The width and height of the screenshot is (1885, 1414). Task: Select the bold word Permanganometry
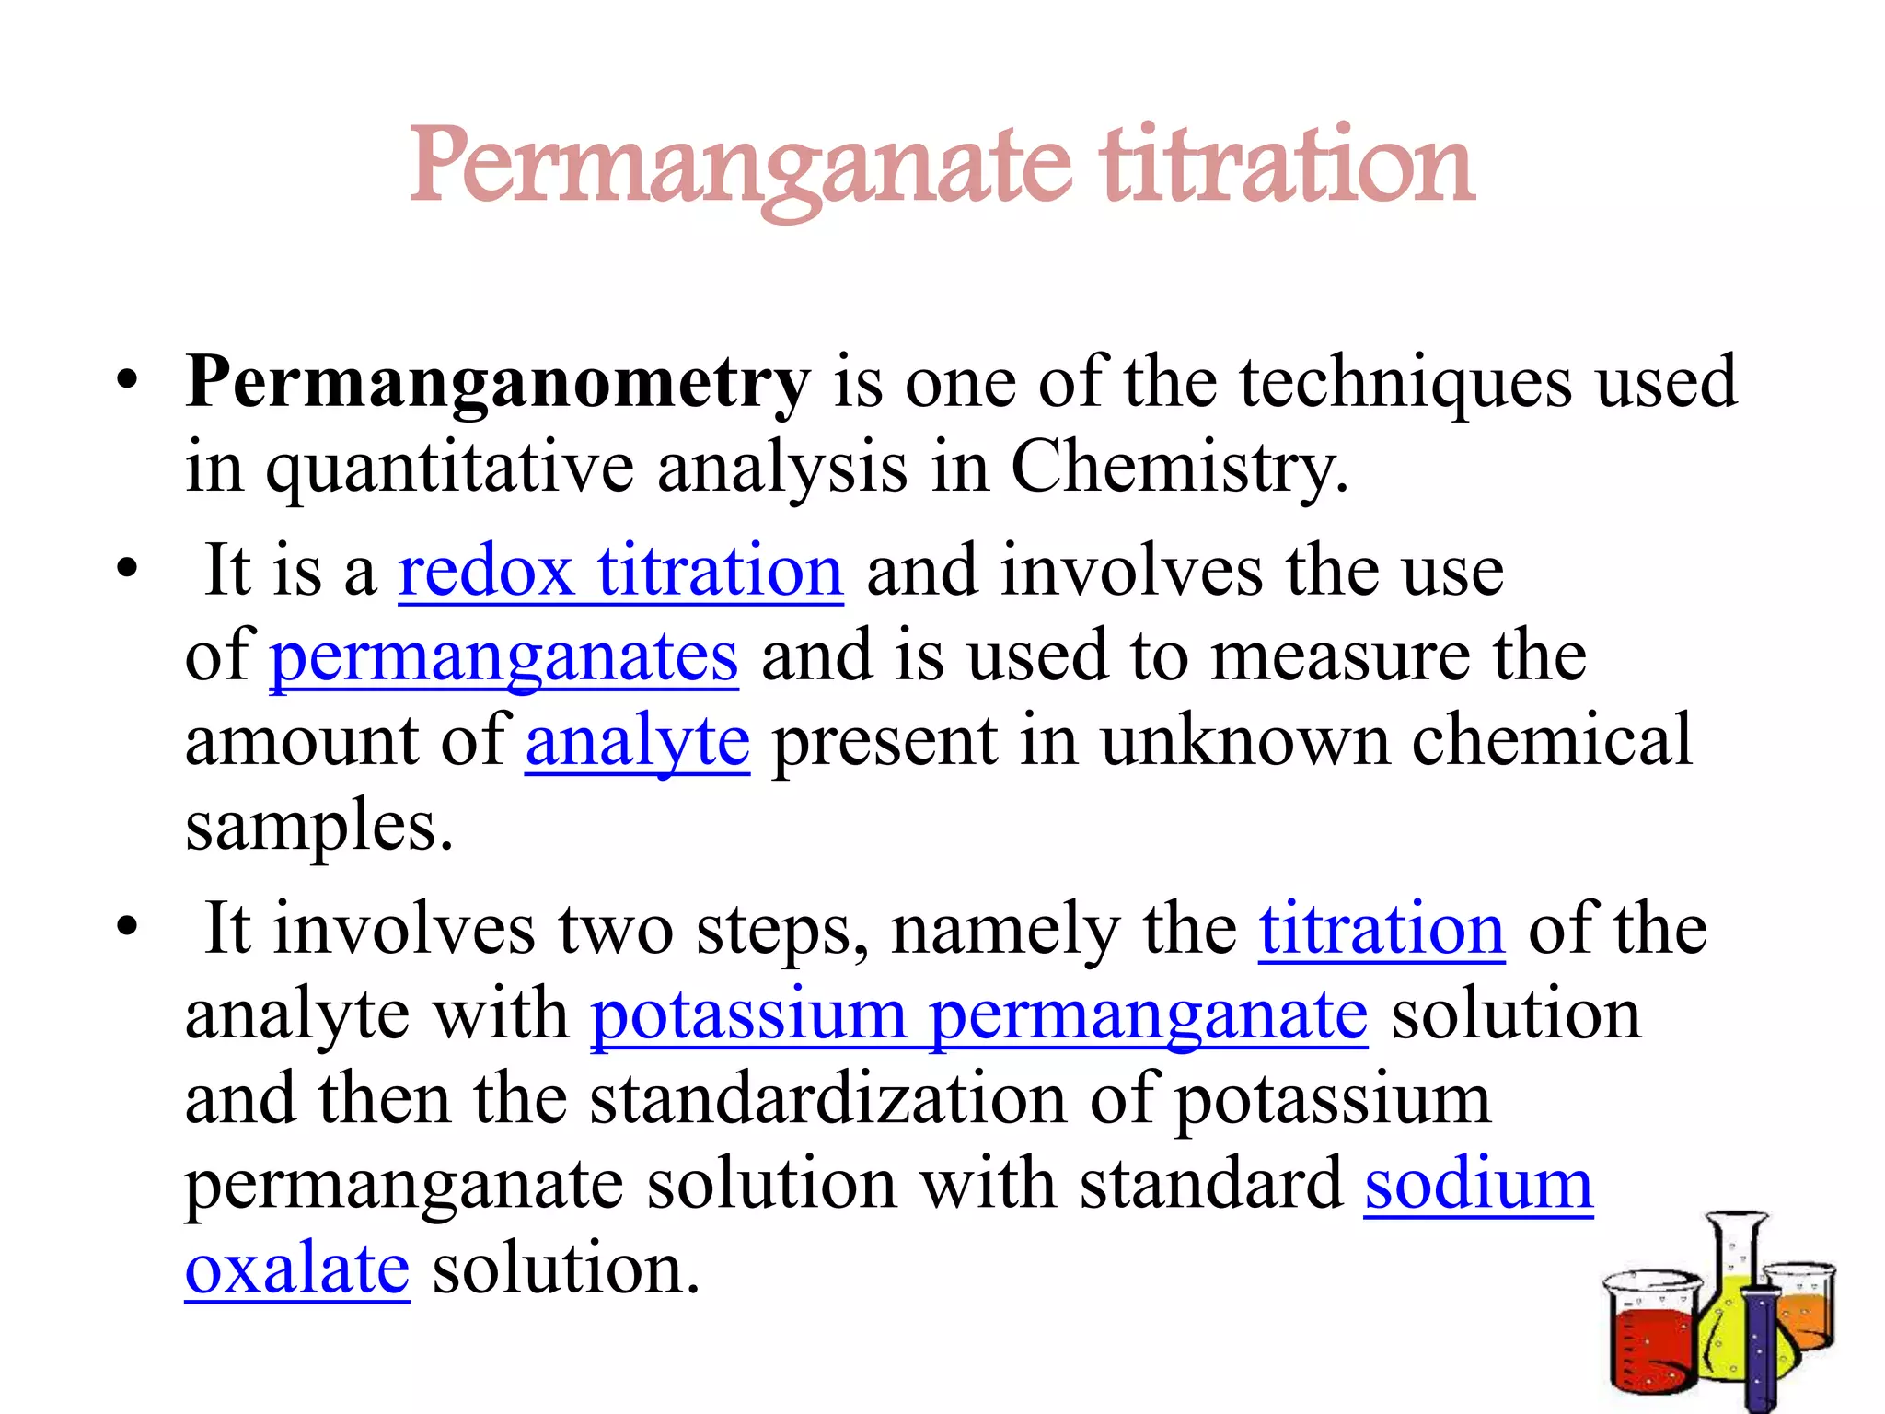pos(497,383)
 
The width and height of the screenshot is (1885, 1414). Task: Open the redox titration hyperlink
pos(620,572)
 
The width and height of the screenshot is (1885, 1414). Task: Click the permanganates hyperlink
pos(503,656)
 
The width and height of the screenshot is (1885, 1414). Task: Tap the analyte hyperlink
pos(638,742)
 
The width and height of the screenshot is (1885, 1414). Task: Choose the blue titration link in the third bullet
pos(1382,929)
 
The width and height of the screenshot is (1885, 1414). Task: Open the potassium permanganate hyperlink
pos(979,1014)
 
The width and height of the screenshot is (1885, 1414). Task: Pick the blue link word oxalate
pos(297,1269)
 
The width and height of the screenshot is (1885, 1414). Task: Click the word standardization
pos(827,1099)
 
